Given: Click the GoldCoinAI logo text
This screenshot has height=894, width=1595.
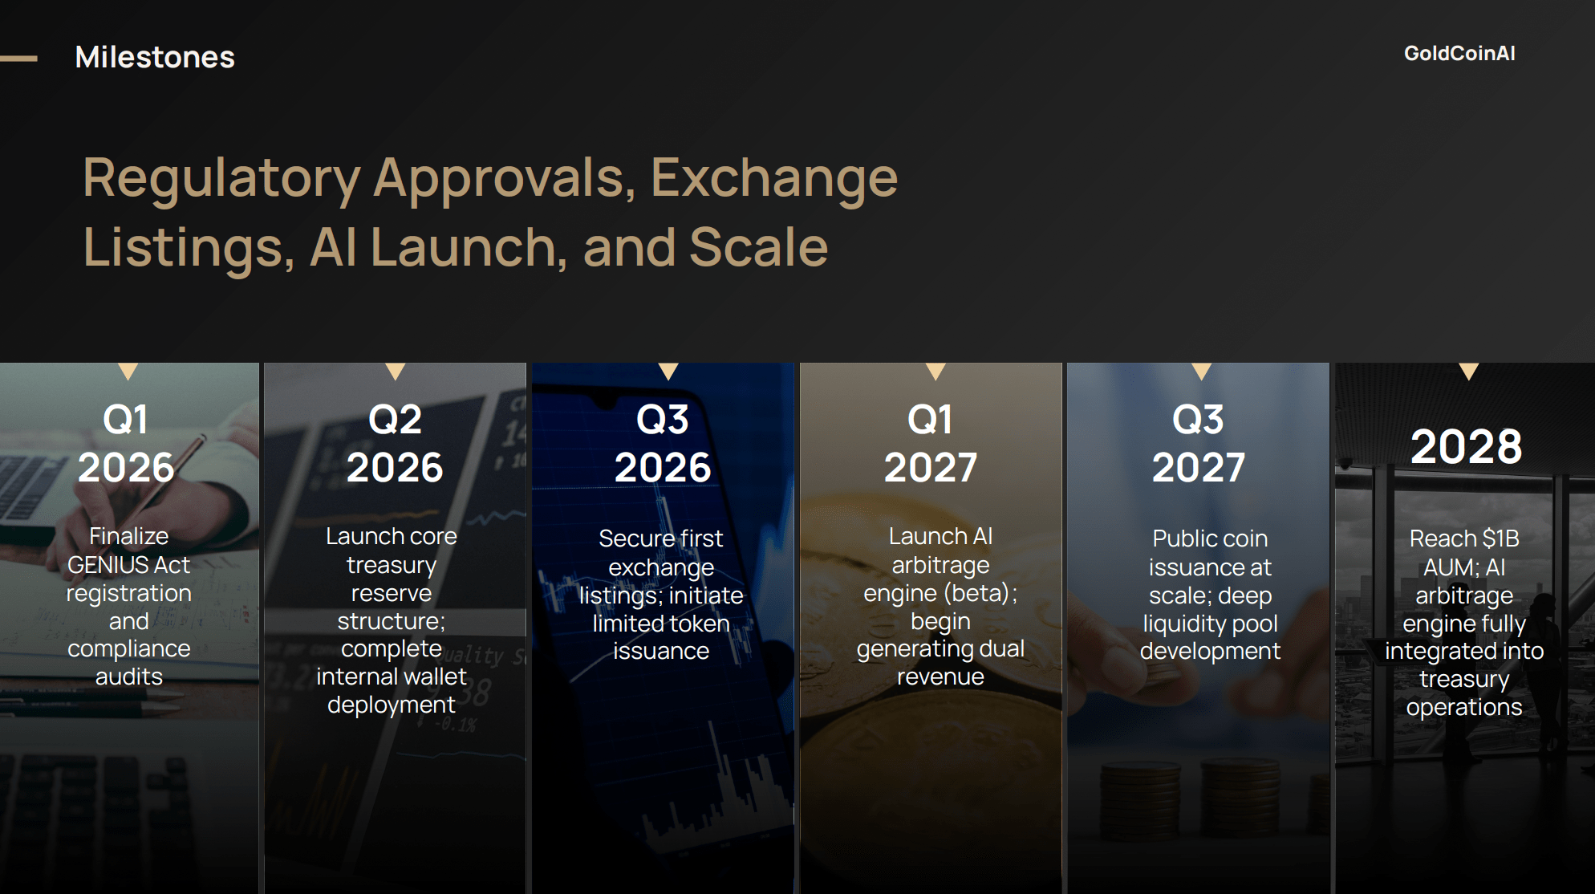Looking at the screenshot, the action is [1459, 53].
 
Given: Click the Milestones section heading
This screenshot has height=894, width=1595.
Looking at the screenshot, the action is [155, 57].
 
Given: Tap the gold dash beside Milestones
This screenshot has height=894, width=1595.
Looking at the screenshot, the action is [18, 58].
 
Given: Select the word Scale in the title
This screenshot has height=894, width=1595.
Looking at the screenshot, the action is [758, 246].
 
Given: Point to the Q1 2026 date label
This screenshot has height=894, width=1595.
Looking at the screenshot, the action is [126, 443].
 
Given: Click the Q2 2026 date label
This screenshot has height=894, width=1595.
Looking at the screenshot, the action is [395, 443].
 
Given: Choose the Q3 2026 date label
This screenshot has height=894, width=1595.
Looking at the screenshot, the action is [663, 443].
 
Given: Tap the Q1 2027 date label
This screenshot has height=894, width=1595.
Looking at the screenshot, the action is [931, 443].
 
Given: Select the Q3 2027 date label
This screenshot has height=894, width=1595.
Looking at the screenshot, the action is [1199, 443].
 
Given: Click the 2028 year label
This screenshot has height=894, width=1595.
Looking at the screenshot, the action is [1466, 446].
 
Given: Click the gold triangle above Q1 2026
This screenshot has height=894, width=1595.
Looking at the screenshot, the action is [128, 371].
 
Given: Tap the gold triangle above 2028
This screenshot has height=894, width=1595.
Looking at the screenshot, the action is [1468, 371].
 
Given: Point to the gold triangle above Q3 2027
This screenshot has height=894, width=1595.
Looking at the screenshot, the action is [1201, 371].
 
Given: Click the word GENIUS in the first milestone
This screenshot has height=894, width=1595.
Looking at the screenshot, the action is [108, 565].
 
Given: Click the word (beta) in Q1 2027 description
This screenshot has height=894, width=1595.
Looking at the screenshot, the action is [976, 594].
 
